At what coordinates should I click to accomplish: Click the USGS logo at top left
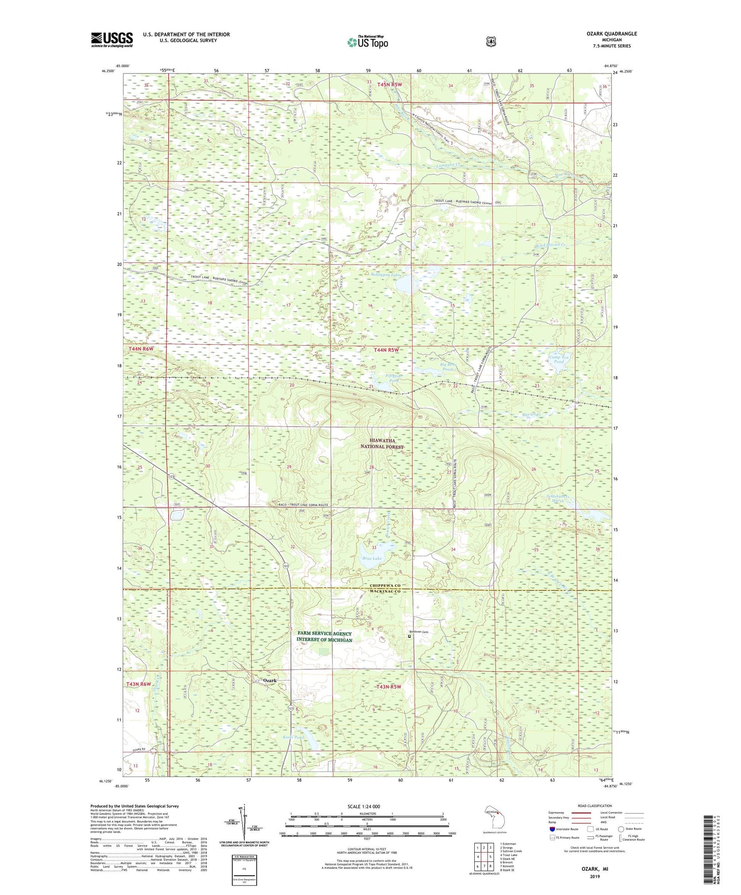112,39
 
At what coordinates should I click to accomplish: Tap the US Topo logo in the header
368,42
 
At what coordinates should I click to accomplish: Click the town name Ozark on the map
270,680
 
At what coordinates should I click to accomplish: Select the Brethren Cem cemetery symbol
409,636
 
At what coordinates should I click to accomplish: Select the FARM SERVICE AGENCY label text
325,633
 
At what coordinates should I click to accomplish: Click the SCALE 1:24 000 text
364,806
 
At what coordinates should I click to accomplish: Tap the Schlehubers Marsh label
557,499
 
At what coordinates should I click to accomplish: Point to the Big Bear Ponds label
448,367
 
